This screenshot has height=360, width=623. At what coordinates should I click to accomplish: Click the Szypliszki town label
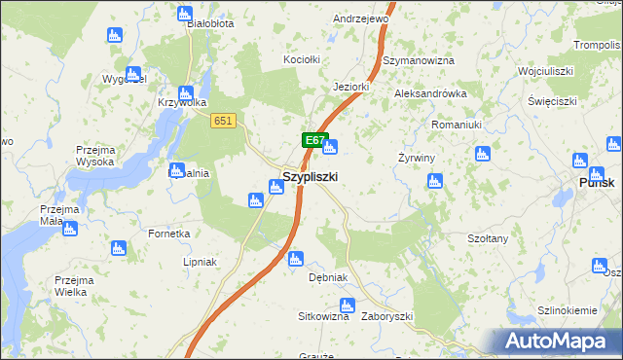click(x=310, y=177)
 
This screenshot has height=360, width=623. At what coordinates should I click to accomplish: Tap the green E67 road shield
click(x=313, y=141)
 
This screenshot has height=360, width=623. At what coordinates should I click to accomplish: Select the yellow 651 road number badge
click(x=223, y=120)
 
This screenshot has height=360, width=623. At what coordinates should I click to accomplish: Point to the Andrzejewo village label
click(x=360, y=18)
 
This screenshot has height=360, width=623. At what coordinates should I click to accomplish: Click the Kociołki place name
click(x=301, y=59)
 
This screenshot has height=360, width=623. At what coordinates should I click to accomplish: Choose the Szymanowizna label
click(x=419, y=60)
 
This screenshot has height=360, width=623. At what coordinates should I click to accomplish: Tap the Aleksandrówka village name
click(x=430, y=93)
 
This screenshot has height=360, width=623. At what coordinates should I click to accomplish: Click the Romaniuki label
click(x=457, y=125)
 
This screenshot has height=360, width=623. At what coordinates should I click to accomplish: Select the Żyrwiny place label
click(x=416, y=158)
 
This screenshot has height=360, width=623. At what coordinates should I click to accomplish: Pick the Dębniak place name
click(x=327, y=277)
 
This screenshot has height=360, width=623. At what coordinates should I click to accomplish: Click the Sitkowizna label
click(x=323, y=316)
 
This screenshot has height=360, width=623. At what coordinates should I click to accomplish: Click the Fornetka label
click(x=168, y=234)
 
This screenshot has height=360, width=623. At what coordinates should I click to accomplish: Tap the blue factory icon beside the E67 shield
click(x=330, y=148)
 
